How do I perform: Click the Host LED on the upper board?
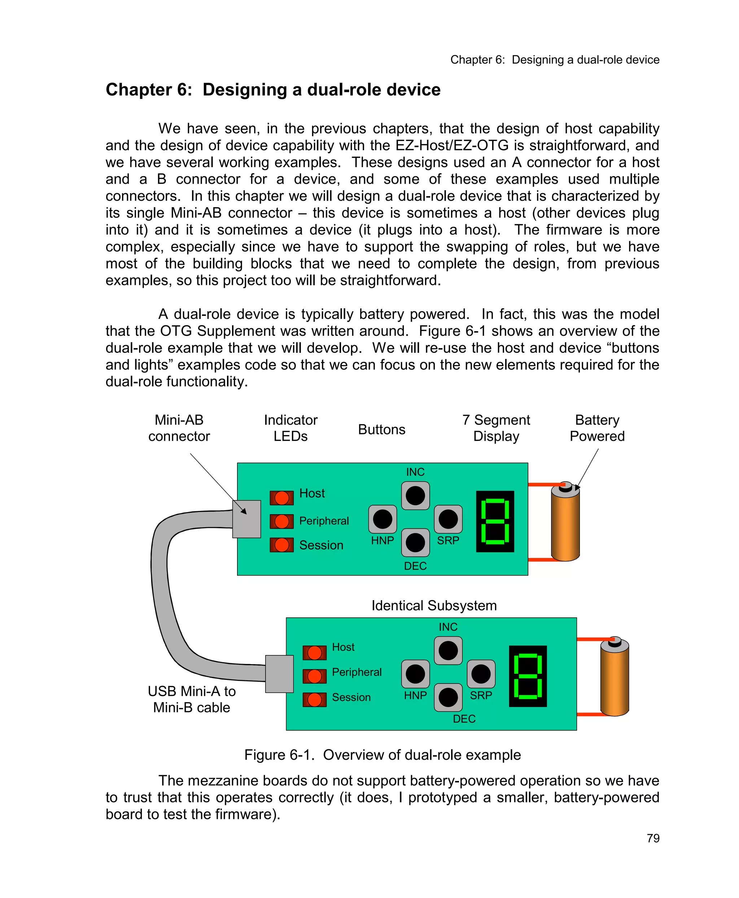(281, 498)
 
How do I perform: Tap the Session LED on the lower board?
(314, 699)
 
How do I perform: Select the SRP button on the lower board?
(481, 674)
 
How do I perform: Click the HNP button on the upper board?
(382, 519)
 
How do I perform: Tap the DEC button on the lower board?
(448, 697)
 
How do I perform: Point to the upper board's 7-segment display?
(495, 521)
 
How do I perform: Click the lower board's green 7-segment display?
(528, 676)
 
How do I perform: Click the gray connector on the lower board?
(279, 674)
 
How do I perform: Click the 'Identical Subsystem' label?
(434, 605)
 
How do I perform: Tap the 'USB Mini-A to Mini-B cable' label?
(192, 699)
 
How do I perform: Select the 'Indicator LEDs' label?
(290, 428)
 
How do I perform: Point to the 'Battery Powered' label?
(597, 428)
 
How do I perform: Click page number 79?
(653, 838)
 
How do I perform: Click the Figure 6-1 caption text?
(382, 755)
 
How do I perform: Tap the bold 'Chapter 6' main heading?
(273, 90)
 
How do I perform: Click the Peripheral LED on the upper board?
(281, 521)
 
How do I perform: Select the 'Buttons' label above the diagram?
(381, 429)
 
